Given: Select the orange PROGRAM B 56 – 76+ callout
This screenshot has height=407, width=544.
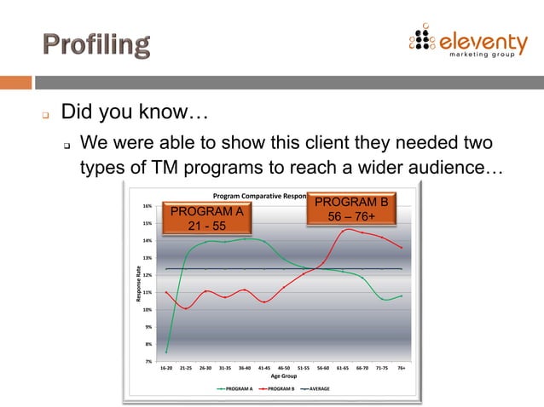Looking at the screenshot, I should (x=351, y=209).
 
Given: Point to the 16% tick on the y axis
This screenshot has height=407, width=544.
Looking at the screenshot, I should (x=148, y=206).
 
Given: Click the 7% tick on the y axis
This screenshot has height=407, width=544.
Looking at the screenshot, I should (x=148, y=362).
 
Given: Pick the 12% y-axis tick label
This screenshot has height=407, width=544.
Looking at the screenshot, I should (x=148, y=275).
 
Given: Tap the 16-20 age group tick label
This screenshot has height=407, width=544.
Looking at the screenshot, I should (x=166, y=369).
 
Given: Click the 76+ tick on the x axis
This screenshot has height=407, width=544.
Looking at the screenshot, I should (x=401, y=369).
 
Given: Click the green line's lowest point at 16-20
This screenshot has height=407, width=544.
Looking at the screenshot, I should (x=166, y=352).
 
